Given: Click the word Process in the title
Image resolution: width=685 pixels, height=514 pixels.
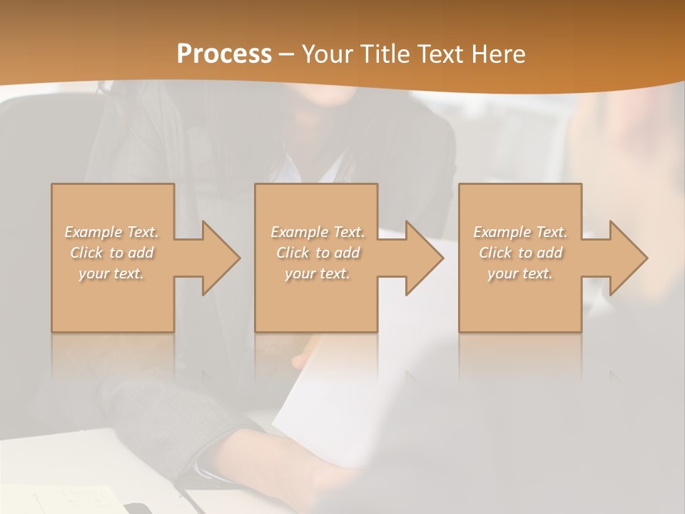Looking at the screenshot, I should (x=224, y=54).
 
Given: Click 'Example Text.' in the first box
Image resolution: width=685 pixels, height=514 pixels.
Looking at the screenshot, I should (x=112, y=232).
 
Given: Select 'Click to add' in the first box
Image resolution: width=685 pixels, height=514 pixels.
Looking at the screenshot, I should (x=112, y=253).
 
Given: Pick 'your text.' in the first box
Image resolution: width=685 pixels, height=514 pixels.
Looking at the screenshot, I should (x=112, y=273).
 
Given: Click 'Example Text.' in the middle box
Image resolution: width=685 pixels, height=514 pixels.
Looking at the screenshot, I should (x=318, y=232).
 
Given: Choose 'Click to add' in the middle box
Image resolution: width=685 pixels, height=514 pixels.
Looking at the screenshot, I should (x=318, y=253).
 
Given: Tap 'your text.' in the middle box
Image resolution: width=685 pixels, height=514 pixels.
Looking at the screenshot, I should (x=318, y=273).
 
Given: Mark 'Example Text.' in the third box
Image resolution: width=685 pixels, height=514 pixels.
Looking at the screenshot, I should (x=520, y=232).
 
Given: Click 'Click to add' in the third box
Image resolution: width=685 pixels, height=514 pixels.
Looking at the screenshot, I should (x=520, y=253).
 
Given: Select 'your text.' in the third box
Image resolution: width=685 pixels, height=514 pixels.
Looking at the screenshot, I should (x=520, y=273).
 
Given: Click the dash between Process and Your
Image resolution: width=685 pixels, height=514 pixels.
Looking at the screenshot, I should (x=287, y=54).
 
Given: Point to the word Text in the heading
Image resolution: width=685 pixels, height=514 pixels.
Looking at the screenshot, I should (x=441, y=54).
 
